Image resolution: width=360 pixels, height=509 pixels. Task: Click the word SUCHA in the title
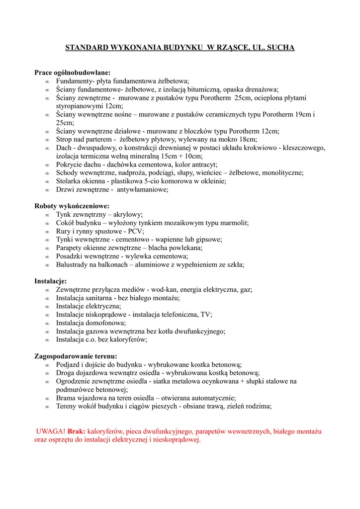281,48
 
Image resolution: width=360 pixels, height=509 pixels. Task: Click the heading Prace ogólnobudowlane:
72,72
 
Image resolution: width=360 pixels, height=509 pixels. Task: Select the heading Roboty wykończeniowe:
72,206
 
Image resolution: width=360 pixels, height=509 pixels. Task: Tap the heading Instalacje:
50,281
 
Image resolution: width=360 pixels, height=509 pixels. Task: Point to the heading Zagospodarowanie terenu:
76,356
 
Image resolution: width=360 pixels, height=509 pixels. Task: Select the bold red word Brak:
77,431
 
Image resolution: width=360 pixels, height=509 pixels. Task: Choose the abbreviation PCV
135,231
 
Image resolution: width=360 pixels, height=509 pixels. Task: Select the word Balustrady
73,264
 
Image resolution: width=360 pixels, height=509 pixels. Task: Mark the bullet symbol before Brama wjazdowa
47,399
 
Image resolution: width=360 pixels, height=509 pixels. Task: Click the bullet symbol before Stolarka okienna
47,182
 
